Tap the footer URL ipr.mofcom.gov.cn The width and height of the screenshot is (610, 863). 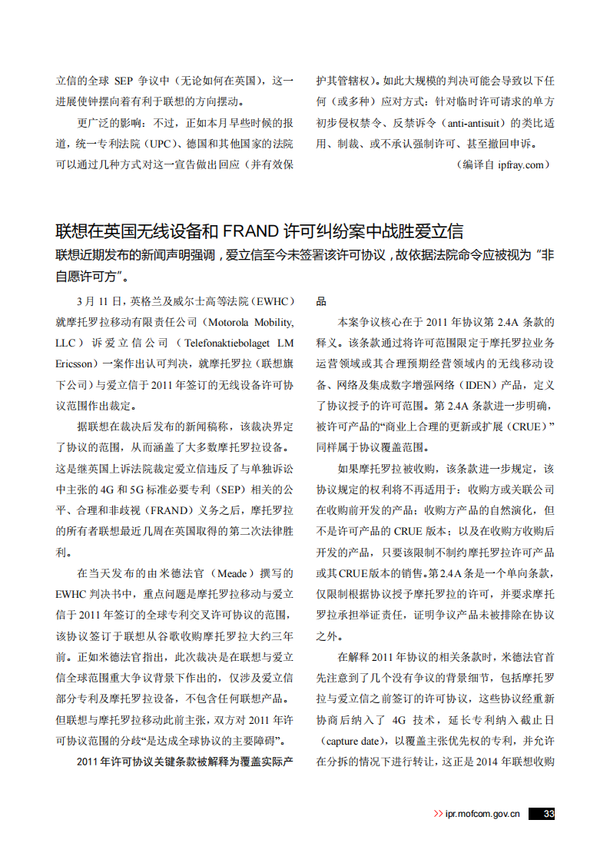click(482, 814)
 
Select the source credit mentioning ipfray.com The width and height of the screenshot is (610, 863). click(503, 164)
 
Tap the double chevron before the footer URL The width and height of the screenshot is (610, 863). click(439, 814)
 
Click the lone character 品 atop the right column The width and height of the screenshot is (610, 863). click(322, 300)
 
